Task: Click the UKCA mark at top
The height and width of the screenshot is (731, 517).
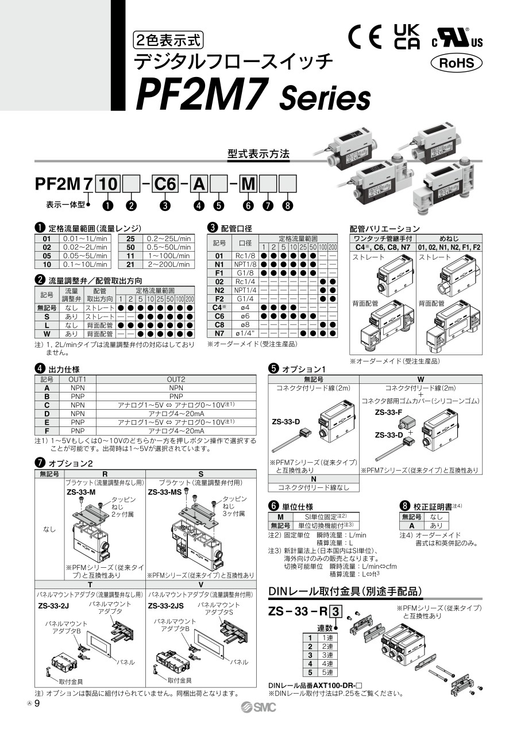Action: [407, 37]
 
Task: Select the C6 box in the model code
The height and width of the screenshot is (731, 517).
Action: [165, 184]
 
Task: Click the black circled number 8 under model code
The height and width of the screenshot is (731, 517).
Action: [287, 205]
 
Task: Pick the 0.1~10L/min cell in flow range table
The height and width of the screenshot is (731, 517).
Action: [85, 264]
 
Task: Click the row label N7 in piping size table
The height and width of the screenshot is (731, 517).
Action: [219, 333]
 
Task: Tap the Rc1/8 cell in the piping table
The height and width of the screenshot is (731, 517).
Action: [245, 256]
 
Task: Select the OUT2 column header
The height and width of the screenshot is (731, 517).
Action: [176, 379]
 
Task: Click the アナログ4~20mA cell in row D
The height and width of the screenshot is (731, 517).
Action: [176, 413]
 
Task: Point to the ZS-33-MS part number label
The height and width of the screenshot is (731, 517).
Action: [165, 492]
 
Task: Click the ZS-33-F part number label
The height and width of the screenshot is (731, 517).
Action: [388, 412]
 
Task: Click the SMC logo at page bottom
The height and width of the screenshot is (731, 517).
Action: [258, 707]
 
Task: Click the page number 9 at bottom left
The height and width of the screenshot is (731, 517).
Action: [37, 703]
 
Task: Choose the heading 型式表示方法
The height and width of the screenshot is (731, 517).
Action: [258, 153]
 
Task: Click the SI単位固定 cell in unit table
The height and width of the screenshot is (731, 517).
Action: [326, 517]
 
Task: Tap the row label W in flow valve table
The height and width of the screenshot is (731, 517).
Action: [47, 334]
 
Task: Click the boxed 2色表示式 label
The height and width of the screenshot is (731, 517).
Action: [168, 40]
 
